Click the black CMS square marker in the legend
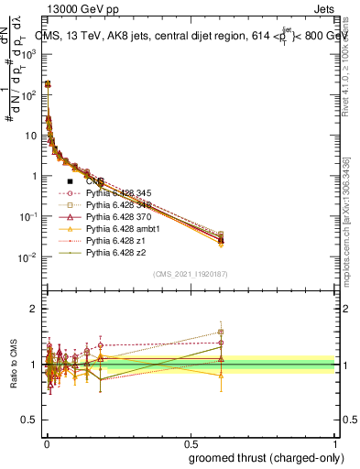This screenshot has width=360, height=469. (70, 181)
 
